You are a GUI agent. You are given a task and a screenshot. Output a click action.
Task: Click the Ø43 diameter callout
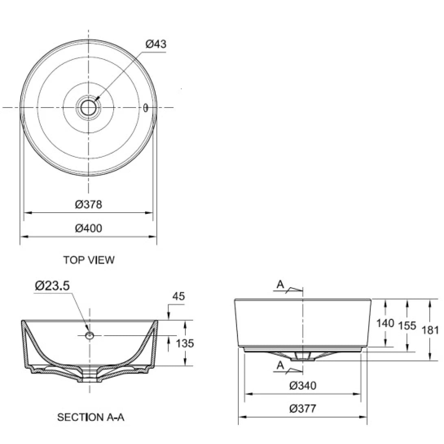156,44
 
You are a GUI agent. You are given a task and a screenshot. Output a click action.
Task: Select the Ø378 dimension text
88,204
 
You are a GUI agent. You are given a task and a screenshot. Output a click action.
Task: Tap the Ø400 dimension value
88,228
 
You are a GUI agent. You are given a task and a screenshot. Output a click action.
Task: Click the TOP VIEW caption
89,260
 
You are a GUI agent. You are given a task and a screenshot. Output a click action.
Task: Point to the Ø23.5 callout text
52,286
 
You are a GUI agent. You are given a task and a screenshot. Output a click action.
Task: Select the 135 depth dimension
185,343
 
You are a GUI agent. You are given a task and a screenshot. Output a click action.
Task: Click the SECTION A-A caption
90,418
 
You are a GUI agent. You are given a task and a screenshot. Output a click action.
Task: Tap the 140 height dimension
385,323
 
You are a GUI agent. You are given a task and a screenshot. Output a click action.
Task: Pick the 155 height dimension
407,325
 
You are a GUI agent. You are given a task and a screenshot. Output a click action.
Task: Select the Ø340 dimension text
303,385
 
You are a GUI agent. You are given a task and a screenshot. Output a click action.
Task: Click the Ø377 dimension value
303,409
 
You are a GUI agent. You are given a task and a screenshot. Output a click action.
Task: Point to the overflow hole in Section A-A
90,335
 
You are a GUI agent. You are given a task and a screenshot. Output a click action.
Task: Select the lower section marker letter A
280,365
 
